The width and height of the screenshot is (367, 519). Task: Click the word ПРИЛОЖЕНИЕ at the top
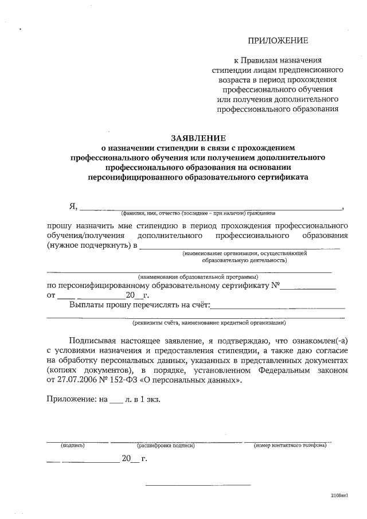278,40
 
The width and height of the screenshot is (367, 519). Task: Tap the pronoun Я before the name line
73,207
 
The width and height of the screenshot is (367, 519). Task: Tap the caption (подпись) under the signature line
73,445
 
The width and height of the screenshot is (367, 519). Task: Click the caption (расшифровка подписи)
166,445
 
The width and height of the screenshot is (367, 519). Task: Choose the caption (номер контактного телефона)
290,445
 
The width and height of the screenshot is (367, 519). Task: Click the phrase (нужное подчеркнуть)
88,246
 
